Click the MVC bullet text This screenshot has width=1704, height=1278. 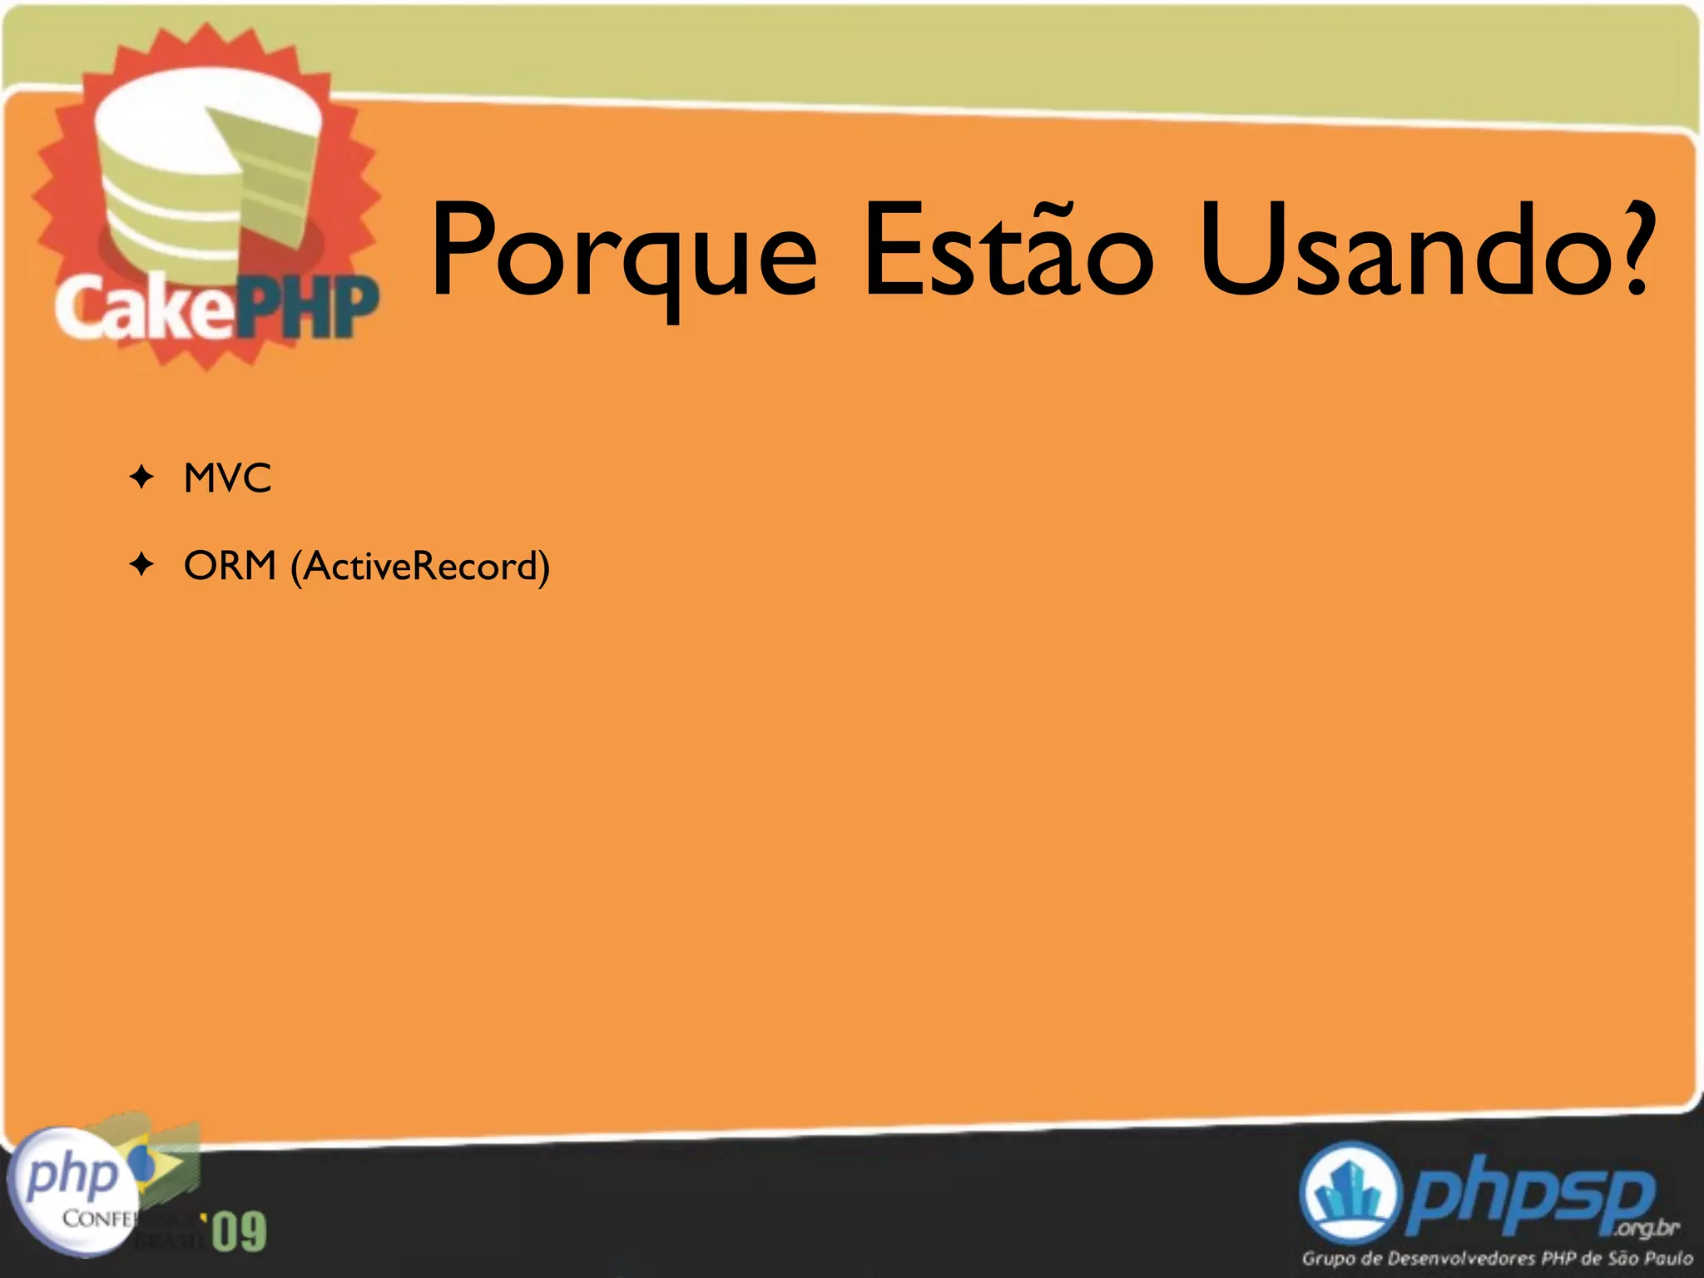(x=227, y=478)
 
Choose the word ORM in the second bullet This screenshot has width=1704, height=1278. (x=230, y=566)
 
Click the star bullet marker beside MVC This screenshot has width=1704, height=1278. (x=142, y=478)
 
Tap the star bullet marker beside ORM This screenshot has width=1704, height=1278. (x=142, y=566)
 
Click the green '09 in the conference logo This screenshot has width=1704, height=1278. (x=239, y=1231)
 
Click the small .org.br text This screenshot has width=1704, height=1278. (x=1647, y=1228)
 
